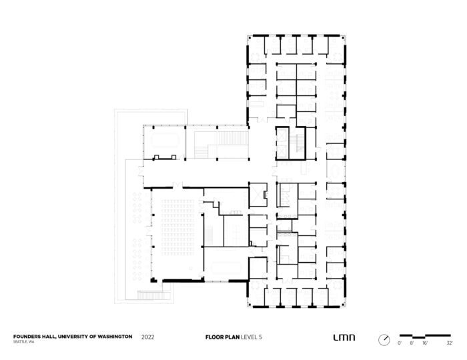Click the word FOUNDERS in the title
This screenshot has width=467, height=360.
[x=28, y=337]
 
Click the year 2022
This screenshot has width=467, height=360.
[x=149, y=337]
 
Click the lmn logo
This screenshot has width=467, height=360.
[x=340, y=337]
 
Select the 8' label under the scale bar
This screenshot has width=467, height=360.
[x=412, y=343]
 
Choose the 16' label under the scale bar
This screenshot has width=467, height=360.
[x=426, y=343]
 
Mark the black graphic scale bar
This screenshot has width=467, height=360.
[x=424, y=335]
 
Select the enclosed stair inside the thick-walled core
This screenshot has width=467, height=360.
[x=286, y=143]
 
